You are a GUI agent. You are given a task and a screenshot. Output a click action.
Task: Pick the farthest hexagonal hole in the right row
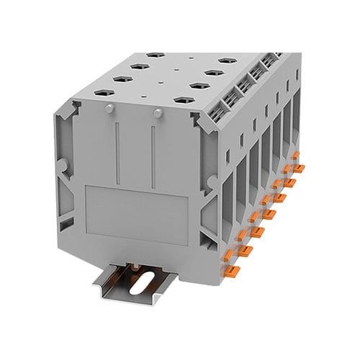(230, 60)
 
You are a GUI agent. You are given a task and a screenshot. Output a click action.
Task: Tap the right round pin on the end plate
(157, 112)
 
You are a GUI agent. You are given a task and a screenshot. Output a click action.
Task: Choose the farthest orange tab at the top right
(299, 168)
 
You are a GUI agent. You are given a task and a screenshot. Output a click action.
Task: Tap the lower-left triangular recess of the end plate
(68, 216)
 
